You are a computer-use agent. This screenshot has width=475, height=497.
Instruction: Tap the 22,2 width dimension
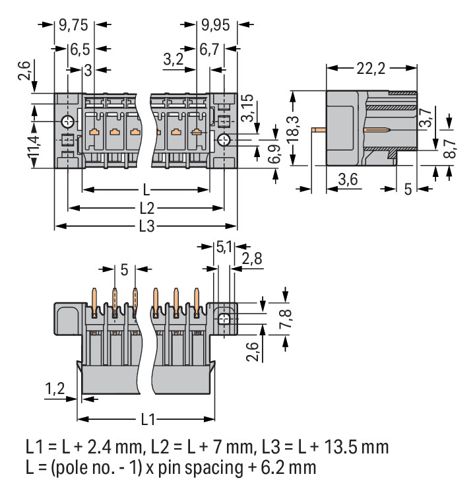tap(371, 67)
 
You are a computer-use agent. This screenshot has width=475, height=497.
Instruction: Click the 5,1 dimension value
tap(224, 248)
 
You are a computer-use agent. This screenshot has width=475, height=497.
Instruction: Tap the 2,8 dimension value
tap(252, 258)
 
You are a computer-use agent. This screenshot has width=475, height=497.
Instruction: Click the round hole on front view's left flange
tap(67, 122)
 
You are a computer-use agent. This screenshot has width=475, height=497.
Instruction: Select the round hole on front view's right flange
tap(224, 139)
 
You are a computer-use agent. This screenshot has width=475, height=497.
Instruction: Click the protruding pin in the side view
tap(319, 130)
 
